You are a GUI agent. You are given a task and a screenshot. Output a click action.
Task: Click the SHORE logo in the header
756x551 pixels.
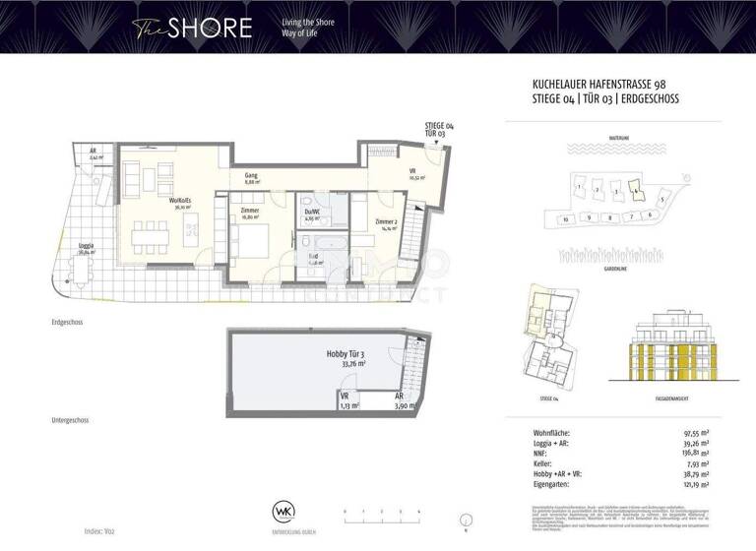(x=192, y=28)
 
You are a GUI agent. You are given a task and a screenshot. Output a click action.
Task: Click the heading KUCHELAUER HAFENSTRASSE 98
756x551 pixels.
(x=604, y=85)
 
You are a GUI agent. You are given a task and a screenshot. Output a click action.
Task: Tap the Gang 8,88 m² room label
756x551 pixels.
(x=252, y=178)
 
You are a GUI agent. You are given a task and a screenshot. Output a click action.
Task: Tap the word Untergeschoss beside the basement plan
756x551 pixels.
(x=70, y=420)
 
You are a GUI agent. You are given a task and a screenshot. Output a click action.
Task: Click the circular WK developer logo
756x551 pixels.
(x=285, y=512)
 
